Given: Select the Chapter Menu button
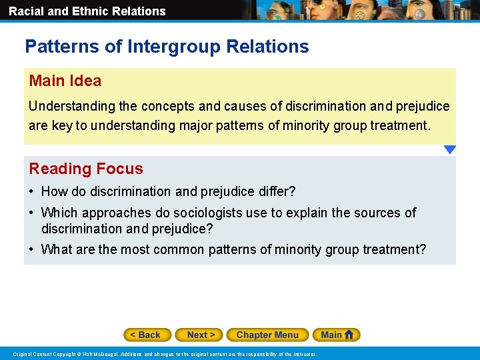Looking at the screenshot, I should pyautogui.click(x=267, y=335).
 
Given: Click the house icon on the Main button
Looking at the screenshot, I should pyautogui.click(x=349, y=335).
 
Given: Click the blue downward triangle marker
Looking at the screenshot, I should pyautogui.click(x=450, y=150).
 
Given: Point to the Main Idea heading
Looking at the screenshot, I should pyautogui.click(x=65, y=81).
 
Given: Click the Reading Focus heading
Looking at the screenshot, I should pyautogui.click(x=86, y=169).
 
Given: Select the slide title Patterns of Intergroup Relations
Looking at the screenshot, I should pyautogui.click(x=167, y=47).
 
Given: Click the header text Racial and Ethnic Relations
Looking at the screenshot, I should pyautogui.click(x=87, y=11).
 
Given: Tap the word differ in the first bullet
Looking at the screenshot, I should pyautogui.click(x=276, y=191).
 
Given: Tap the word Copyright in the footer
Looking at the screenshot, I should pyautogui.click(x=63, y=354).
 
